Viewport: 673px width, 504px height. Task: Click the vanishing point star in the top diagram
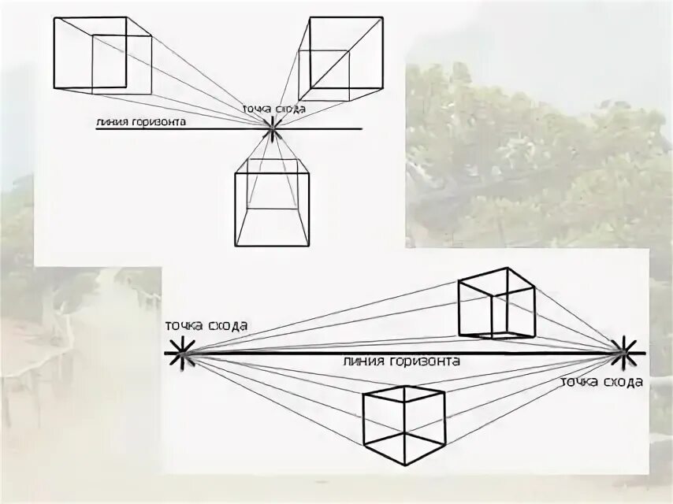(x=272, y=128)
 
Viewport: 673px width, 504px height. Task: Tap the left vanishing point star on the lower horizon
(x=182, y=352)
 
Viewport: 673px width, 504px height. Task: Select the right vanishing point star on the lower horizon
(x=623, y=352)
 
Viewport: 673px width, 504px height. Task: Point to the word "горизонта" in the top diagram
(x=159, y=122)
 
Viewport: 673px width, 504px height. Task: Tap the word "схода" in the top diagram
(x=291, y=109)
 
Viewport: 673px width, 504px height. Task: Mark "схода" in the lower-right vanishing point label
(x=623, y=382)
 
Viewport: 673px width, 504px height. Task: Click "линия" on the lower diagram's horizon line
(x=363, y=361)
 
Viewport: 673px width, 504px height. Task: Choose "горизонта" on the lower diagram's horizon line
(x=424, y=361)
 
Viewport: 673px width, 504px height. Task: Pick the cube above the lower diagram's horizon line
(x=497, y=302)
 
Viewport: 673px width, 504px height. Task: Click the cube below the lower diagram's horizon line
(x=403, y=425)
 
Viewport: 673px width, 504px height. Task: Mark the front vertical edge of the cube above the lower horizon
(x=491, y=316)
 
